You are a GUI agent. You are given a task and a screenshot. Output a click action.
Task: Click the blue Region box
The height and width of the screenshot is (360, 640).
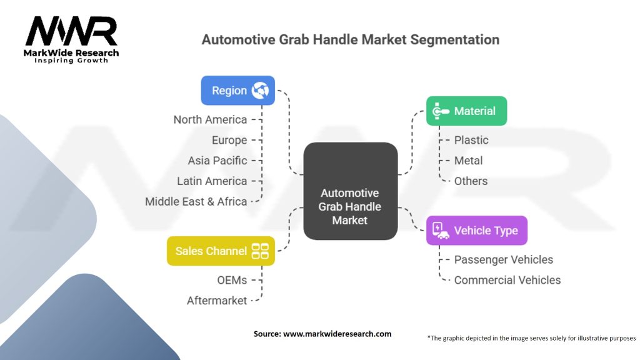[237, 91]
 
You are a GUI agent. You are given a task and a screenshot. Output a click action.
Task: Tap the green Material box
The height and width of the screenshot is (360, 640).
[466, 111]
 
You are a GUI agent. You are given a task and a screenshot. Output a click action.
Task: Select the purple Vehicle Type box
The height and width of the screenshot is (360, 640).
[476, 231]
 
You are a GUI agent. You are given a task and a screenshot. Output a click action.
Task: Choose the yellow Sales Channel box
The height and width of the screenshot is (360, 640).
[220, 251]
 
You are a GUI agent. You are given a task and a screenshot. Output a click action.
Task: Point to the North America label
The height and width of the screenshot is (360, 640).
[210, 119]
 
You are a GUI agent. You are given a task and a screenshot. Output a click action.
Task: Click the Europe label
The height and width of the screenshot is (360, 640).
[229, 140]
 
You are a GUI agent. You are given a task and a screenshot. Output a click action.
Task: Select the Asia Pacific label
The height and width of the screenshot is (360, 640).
[217, 161]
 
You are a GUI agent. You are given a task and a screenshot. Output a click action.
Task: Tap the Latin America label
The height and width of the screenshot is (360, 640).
[212, 181]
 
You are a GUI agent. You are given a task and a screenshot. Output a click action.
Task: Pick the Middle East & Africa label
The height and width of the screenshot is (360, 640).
[196, 201]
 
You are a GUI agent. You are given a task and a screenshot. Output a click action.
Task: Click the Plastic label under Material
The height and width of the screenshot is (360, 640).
[471, 140]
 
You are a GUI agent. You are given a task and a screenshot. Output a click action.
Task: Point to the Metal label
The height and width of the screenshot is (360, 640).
[468, 161]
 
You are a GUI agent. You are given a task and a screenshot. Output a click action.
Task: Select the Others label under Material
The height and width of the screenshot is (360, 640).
[471, 181]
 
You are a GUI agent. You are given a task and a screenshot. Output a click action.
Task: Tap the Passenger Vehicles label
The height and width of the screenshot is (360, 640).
[503, 259]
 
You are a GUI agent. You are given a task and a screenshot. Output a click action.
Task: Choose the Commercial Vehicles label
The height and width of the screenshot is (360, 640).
[507, 280]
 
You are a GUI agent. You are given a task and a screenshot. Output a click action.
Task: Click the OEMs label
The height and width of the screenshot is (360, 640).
[231, 280]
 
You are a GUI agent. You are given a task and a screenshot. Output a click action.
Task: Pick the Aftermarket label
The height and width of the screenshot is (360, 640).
[216, 301]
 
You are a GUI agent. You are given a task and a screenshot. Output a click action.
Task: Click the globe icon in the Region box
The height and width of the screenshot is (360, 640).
[260, 91]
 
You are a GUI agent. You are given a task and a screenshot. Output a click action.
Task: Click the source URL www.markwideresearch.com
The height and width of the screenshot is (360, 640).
[337, 334]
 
